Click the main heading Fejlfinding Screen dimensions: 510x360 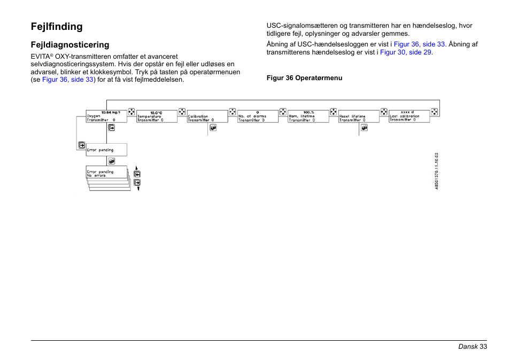pos(57,26)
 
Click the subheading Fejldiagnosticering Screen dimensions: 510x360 pos(70,45)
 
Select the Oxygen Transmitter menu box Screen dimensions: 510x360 pos(106,116)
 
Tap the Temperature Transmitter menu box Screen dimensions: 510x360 pos(157,116)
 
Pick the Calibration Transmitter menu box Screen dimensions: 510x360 pos(207,116)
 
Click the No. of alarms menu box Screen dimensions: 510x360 pos(258,116)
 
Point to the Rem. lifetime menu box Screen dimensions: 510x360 pos(308,116)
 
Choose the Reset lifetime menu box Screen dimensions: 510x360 pos(358,116)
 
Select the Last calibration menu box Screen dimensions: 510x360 pos(409,116)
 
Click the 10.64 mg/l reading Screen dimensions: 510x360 pos(111,112)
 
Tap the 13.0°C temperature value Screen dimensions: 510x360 pos(156,113)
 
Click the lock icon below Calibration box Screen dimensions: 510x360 pos(213,128)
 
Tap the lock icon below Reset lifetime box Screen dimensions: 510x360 pos(364,128)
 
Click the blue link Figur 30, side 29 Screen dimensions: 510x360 pos(405,52)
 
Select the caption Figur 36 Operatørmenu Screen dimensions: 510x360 pos(304,78)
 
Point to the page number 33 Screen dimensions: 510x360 pos(483,347)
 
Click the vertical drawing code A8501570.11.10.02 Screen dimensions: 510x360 pos(436,170)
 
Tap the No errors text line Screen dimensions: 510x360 pos(97,176)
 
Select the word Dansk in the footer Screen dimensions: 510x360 pos(467,347)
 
